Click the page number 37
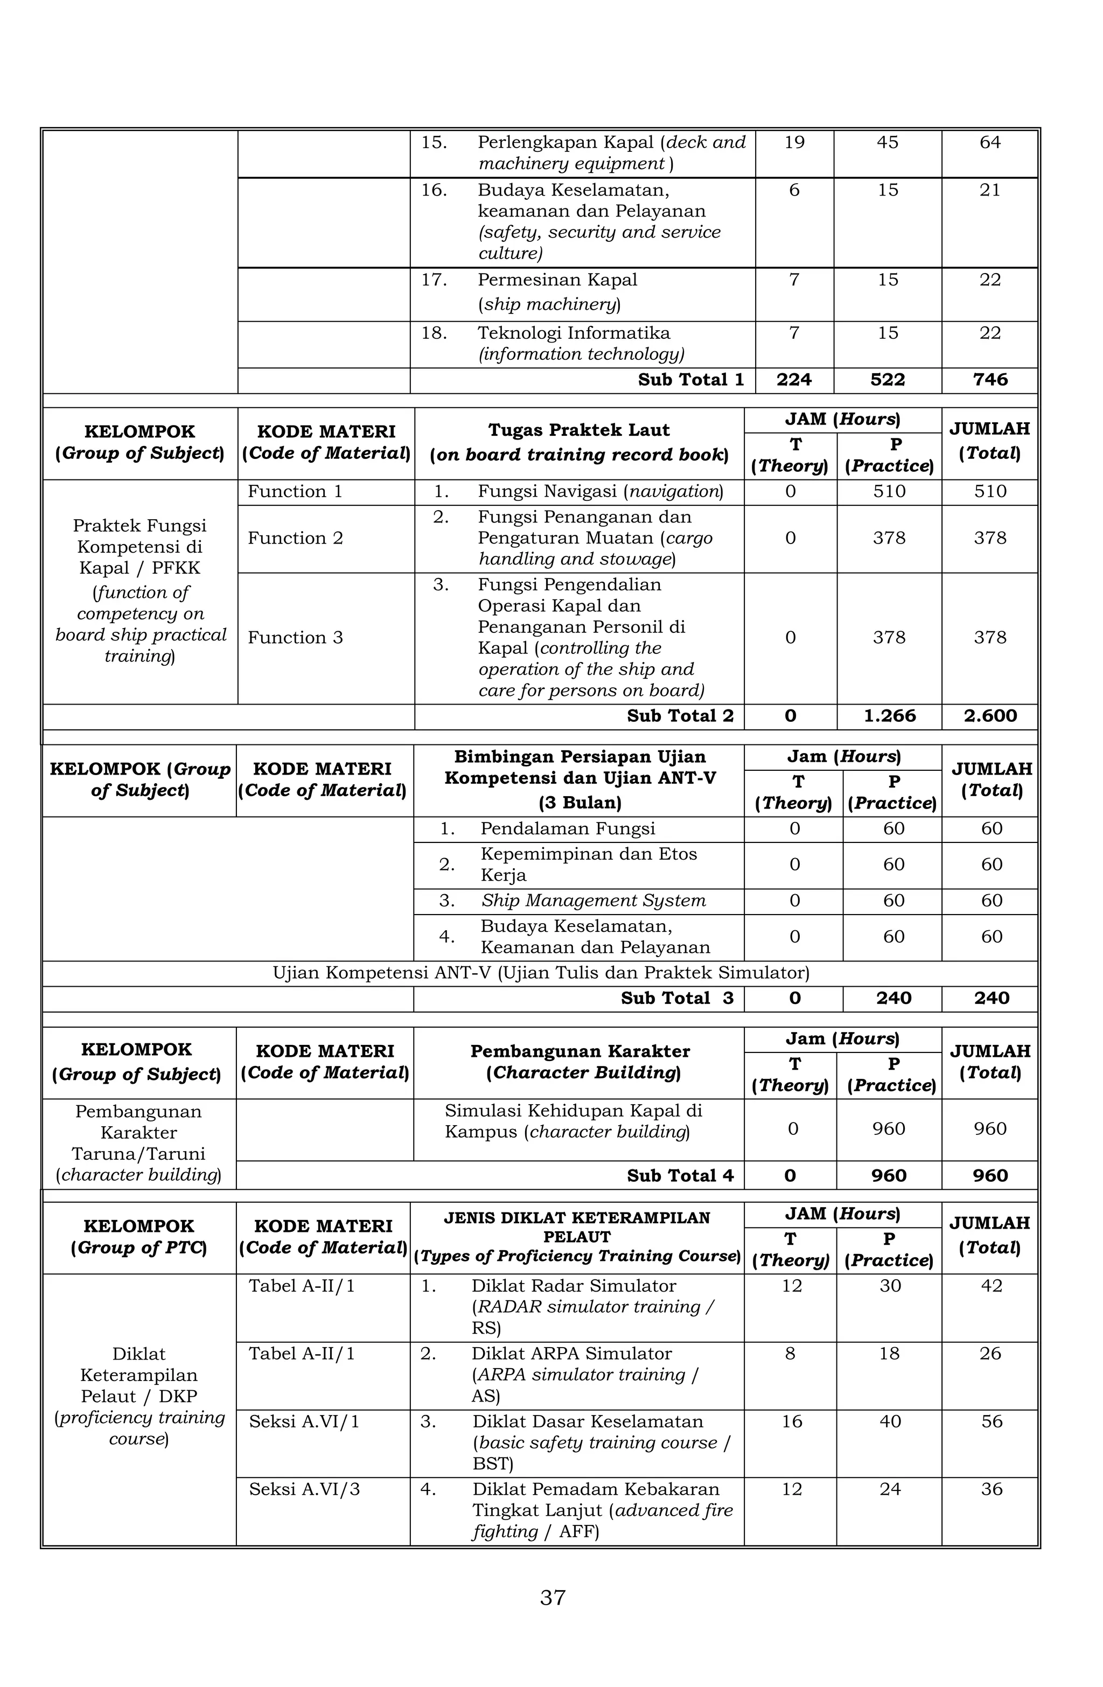point(552,1597)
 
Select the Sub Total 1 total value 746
point(989,380)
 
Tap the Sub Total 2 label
point(680,716)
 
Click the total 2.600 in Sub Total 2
point(989,716)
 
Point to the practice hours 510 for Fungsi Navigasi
point(889,492)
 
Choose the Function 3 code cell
point(295,637)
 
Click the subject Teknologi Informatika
point(574,333)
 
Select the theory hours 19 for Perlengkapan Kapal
point(794,143)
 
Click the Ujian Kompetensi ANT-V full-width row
point(540,973)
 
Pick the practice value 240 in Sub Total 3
point(892,998)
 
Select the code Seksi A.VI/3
point(304,1489)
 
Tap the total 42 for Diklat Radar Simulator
point(991,1286)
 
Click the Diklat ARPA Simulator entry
point(571,1354)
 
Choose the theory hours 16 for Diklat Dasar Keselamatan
point(791,1421)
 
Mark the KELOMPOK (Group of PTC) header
point(139,1237)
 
